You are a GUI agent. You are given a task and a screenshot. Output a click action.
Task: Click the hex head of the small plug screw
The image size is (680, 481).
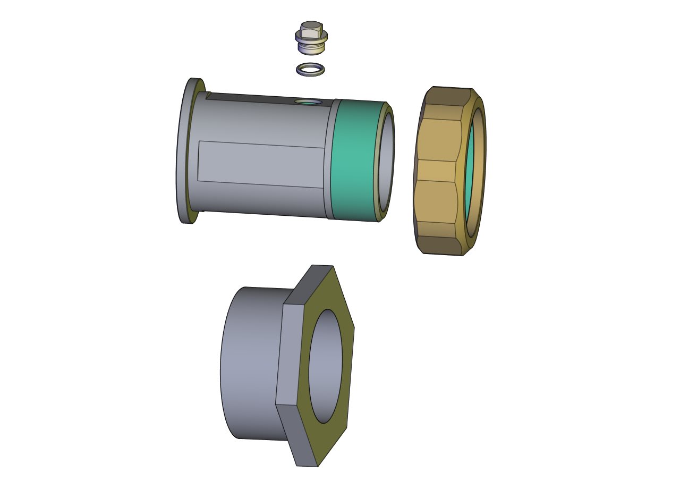point(310,27)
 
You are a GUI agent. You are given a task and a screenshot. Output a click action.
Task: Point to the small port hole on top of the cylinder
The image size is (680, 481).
point(308,102)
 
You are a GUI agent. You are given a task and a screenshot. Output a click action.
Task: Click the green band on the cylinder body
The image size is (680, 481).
point(353,159)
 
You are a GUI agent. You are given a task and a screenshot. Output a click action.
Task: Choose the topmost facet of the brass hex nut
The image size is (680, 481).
point(446,96)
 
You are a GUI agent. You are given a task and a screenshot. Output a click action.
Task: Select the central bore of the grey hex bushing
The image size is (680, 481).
point(325,367)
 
